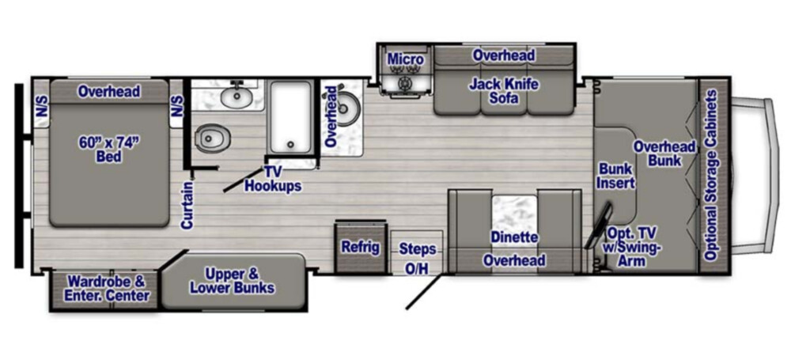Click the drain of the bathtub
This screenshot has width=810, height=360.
tap(291, 144)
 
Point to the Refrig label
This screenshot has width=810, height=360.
tap(360, 247)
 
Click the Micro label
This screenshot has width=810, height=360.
tap(406, 59)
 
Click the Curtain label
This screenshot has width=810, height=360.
tap(187, 205)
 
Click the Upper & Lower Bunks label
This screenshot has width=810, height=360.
tap(232, 281)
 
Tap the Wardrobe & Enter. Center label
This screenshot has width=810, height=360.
tap(108, 288)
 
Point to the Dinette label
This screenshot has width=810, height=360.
tap(514, 237)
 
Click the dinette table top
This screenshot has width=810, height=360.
tap(514, 214)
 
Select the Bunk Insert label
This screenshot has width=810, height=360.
tap(617, 175)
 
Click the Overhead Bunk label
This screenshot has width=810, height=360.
tap(664, 153)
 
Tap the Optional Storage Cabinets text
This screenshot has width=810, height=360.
tap(712, 175)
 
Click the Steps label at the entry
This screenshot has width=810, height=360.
tap(418, 249)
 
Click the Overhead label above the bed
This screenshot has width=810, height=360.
tap(109, 92)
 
